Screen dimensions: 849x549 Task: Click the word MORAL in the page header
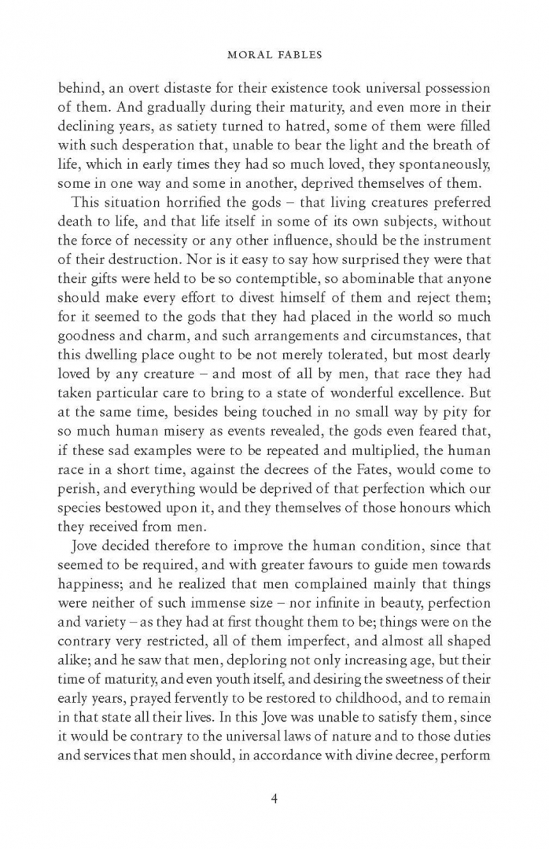(x=245, y=56)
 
